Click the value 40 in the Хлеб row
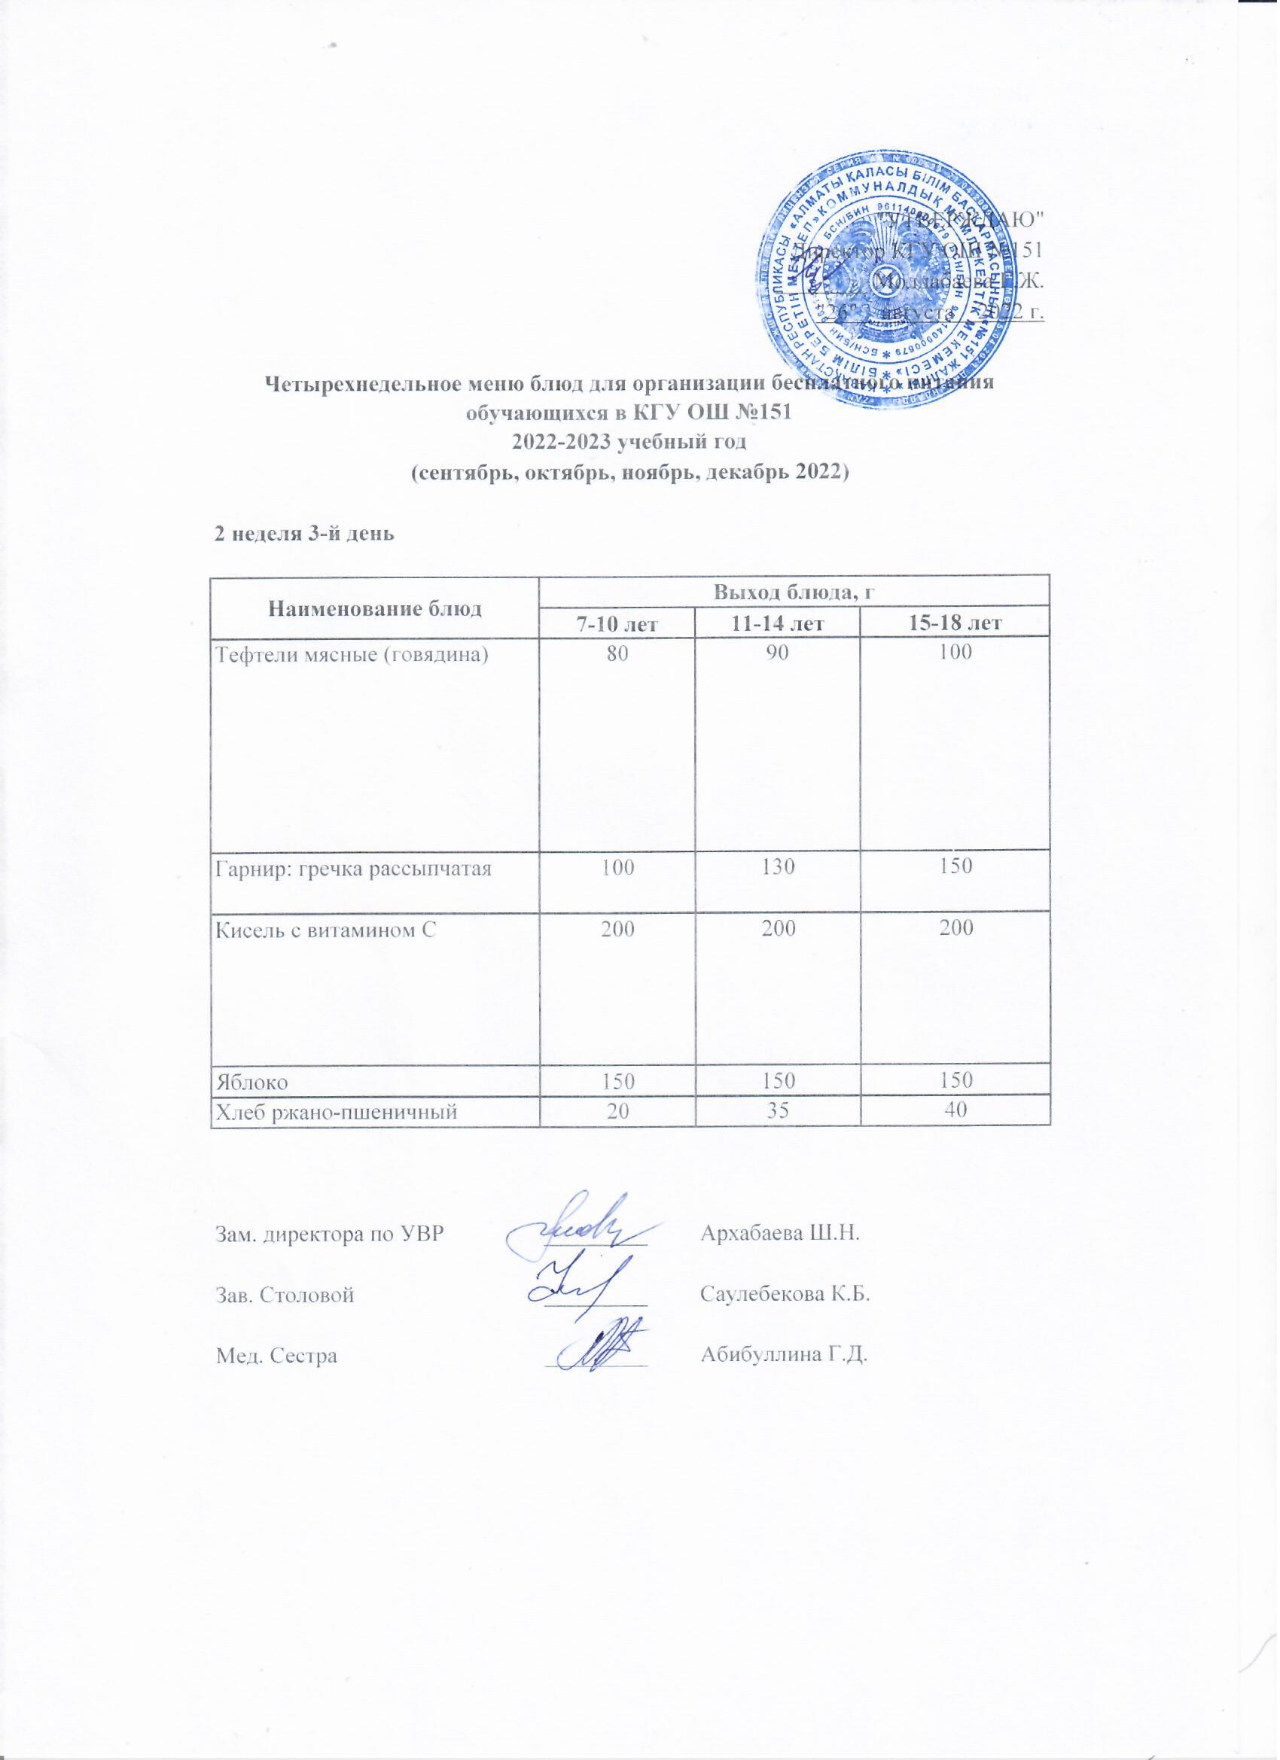pyautogui.click(x=955, y=1110)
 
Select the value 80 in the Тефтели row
pyautogui.click(x=617, y=653)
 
